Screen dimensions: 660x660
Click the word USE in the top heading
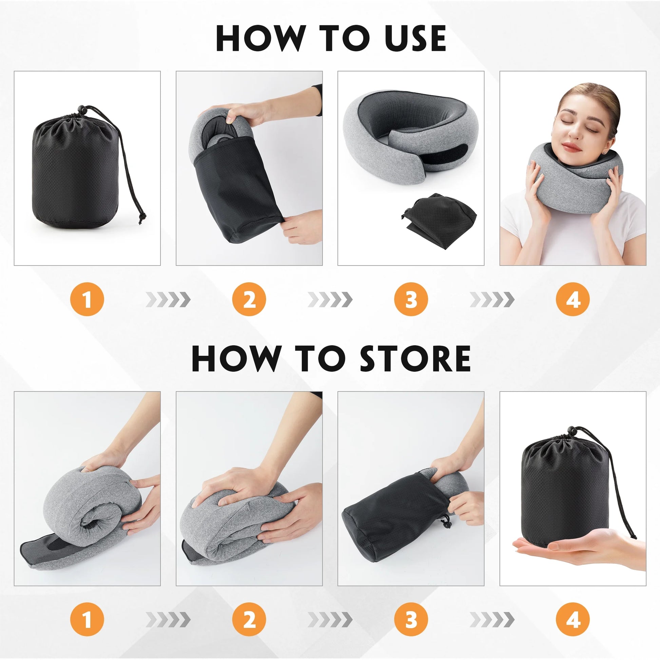click(x=415, y=38)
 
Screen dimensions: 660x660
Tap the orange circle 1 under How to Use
click(x=87, y=299)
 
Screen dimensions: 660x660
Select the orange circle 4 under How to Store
click(x=573, y=619)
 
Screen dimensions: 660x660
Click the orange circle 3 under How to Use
click(x=411, y=299)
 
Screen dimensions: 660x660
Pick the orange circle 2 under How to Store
click(x=249, y=619)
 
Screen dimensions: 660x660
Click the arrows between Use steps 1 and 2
click(x=168, y=299)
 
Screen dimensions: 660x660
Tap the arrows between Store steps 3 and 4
click(x=492, y=619)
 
